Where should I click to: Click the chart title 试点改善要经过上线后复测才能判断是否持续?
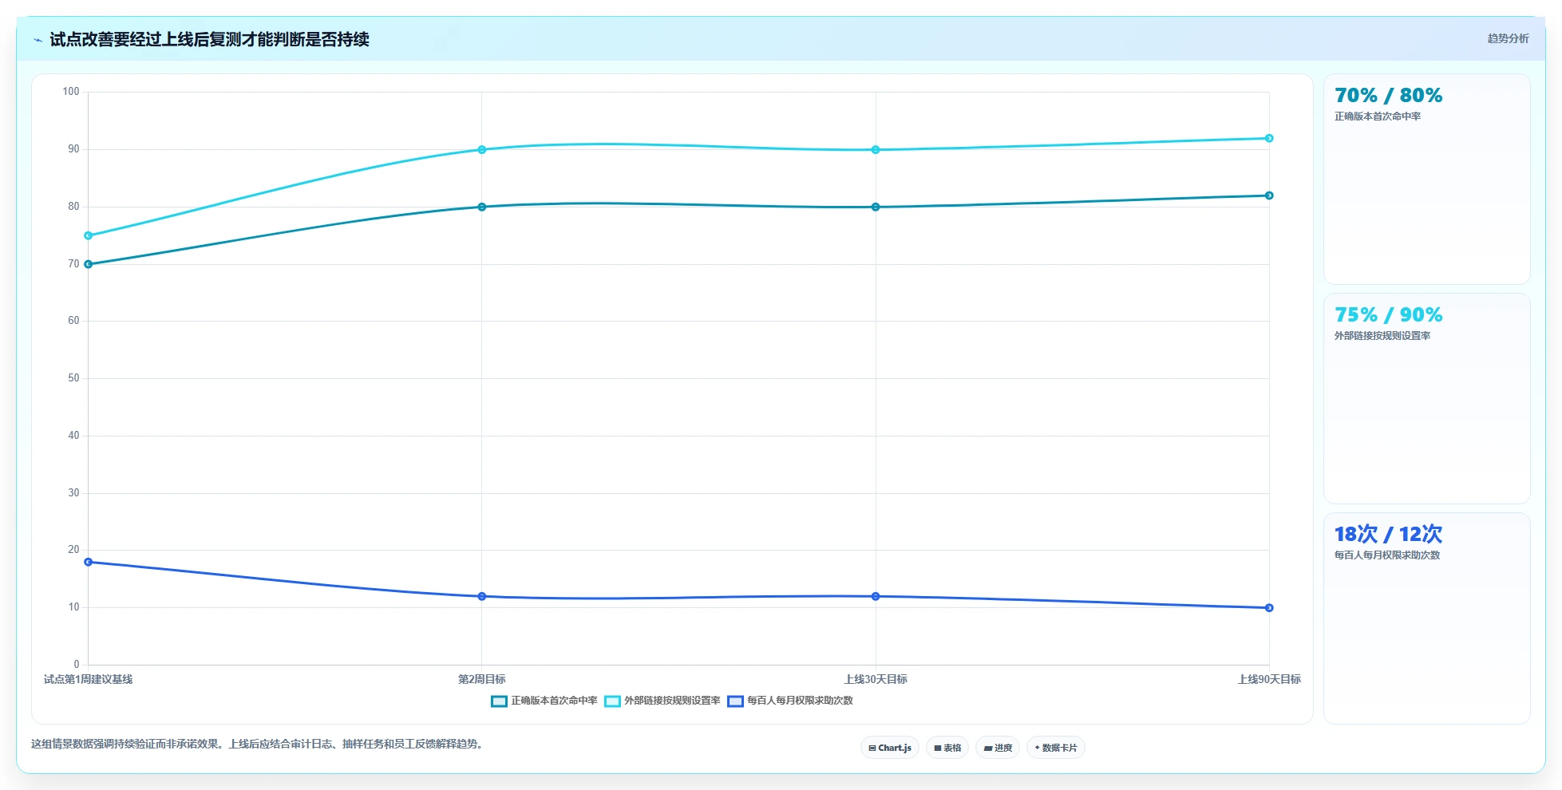[x=209, y=39]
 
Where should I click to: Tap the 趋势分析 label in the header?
[x=1508, y=38]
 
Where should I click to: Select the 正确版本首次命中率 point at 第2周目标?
[x=482, y=207]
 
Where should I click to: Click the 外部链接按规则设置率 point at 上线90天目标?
[x=1269, y=138]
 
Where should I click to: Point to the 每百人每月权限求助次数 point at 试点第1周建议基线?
[x=89, y=562]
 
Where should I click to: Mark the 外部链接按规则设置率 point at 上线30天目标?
[x=876, y=149]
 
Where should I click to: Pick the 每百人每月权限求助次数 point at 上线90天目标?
[x=1269, y=608]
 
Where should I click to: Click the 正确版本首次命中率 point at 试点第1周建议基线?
[x=89, y=264]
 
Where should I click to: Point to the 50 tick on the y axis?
[x=73, y=378]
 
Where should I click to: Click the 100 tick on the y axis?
[x=71, y=92]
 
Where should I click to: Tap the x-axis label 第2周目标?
[x=482, y=679]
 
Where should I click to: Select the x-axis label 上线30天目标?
[x=876, y=679]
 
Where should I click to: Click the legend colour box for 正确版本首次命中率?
[x=499, y=701]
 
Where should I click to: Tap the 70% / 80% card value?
[x=1388, y=96]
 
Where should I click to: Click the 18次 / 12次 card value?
[x=1388, y=534]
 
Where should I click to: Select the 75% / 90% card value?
[x=1388, y=315]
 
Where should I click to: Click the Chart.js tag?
[x=890, y=748]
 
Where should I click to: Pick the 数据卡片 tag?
[x=1056, y=748]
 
